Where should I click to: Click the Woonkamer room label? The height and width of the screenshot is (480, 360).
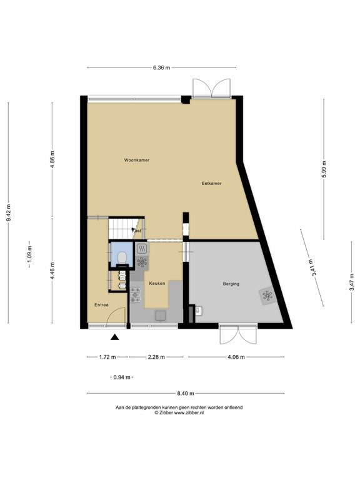click(x=136, y=161)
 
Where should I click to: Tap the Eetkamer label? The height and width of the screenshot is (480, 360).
click(x=212, y=183)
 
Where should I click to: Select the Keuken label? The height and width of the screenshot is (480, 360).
click(x=157, y=283)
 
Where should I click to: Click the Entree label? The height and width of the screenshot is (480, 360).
click(x=101, y=305)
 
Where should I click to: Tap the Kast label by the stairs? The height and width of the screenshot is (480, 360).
click(x=137, y=231)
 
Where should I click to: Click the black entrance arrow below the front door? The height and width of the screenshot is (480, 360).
click(x=115, y=338)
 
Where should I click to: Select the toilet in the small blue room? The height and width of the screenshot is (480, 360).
click(x=122, y=257)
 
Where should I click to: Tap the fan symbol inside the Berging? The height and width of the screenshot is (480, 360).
click(x=267, y=297)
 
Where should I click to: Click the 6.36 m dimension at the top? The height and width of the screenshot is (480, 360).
click(x=162, y=67)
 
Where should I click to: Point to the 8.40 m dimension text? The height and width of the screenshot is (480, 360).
click(x=186, y=393)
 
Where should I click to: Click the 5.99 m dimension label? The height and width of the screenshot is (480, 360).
click(x=324, y=169)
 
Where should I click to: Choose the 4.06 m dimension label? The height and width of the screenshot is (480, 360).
click(x=235, y=357)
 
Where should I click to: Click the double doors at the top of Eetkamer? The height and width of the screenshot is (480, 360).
click(x=211, y=89)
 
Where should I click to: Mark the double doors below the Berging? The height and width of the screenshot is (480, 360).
click(x=237, y=334)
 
